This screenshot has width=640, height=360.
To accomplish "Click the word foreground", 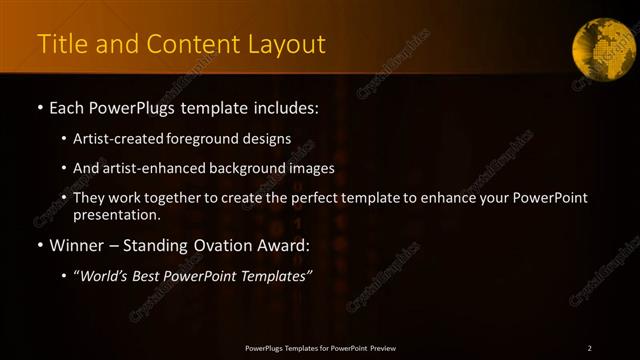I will click(221, 139).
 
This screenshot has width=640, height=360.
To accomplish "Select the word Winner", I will click(77, 245).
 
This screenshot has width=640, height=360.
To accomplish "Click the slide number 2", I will click(589, 347).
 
